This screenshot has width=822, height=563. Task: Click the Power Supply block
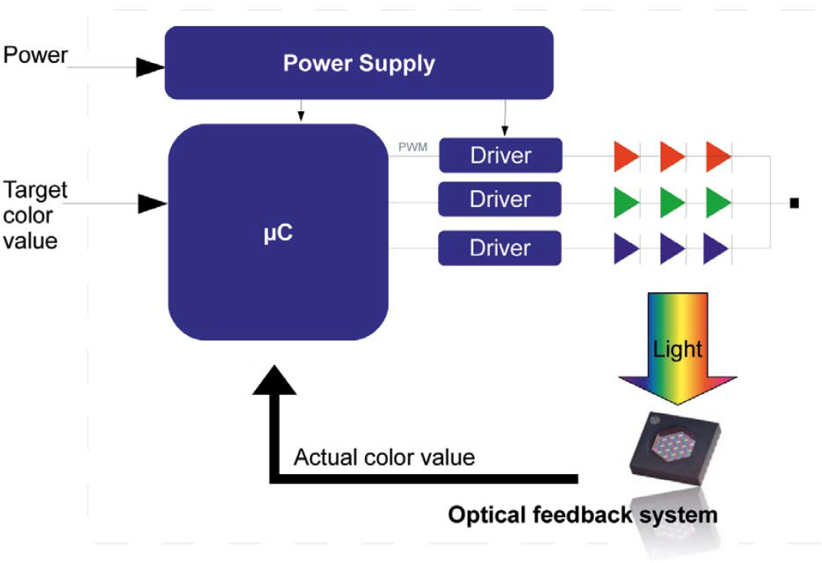(359, 63)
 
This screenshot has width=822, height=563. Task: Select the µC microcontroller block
(278, 232)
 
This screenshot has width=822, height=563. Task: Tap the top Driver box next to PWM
(500, 156)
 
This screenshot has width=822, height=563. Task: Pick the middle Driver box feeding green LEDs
(500, 200)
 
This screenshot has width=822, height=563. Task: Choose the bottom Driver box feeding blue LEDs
(500, 248)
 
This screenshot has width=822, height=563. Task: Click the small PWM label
(413, 147)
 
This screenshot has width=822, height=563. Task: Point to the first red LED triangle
(626, 156)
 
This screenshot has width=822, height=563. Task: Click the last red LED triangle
(718, 156)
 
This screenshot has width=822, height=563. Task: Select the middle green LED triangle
(672, 202)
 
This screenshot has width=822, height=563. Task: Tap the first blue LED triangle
(626, 249)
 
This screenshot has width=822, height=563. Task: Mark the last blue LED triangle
(716, 249)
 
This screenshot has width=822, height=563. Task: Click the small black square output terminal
(794, 203)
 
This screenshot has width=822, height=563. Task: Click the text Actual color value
(384, 458)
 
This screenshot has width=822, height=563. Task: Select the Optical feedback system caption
(582, 514)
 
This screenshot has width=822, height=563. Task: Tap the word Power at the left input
(35, 56)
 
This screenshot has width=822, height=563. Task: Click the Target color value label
(35, 215)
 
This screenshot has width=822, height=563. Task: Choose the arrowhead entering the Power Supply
(150, 68)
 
